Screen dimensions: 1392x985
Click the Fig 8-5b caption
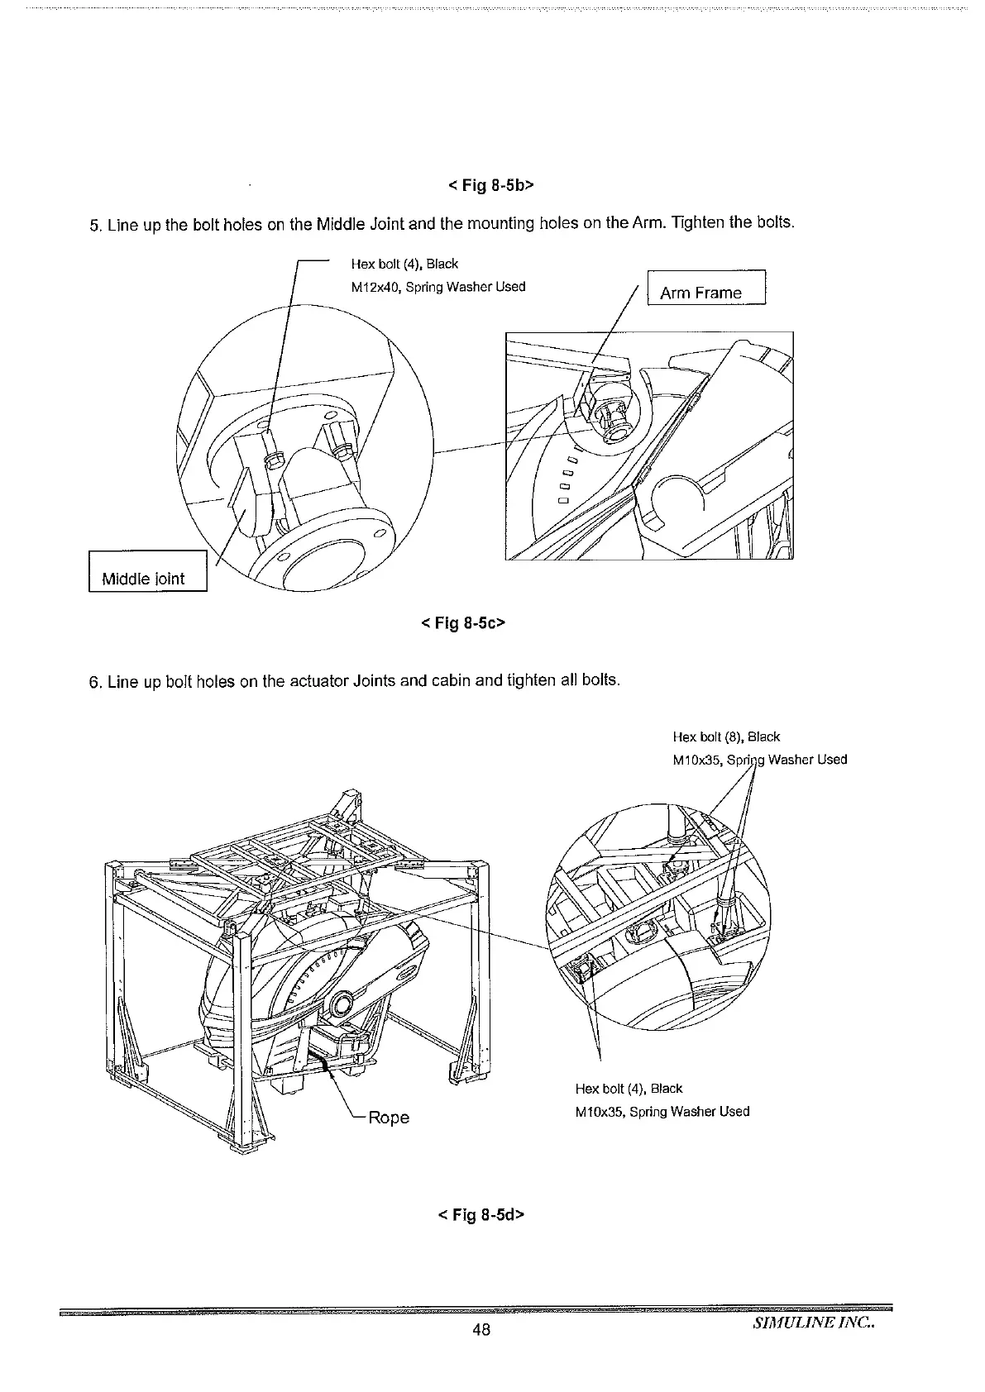click(x=491, y=185)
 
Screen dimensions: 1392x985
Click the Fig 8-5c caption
click(x=462, y=622)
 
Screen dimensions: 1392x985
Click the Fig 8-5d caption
click(x=481, y=1214)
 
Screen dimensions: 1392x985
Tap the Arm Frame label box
click(x=705, y=292)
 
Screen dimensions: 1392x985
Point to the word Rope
click(x=388, y=1118)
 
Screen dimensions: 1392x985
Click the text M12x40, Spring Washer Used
click(x=438, y=287)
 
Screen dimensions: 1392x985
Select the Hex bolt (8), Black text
click(x=727, y=737)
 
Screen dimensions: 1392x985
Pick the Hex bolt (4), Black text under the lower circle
click(x=629, y=1088)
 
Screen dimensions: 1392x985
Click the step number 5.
click(x=93, y=225)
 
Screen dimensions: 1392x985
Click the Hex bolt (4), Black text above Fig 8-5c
click(x=404, y=264)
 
